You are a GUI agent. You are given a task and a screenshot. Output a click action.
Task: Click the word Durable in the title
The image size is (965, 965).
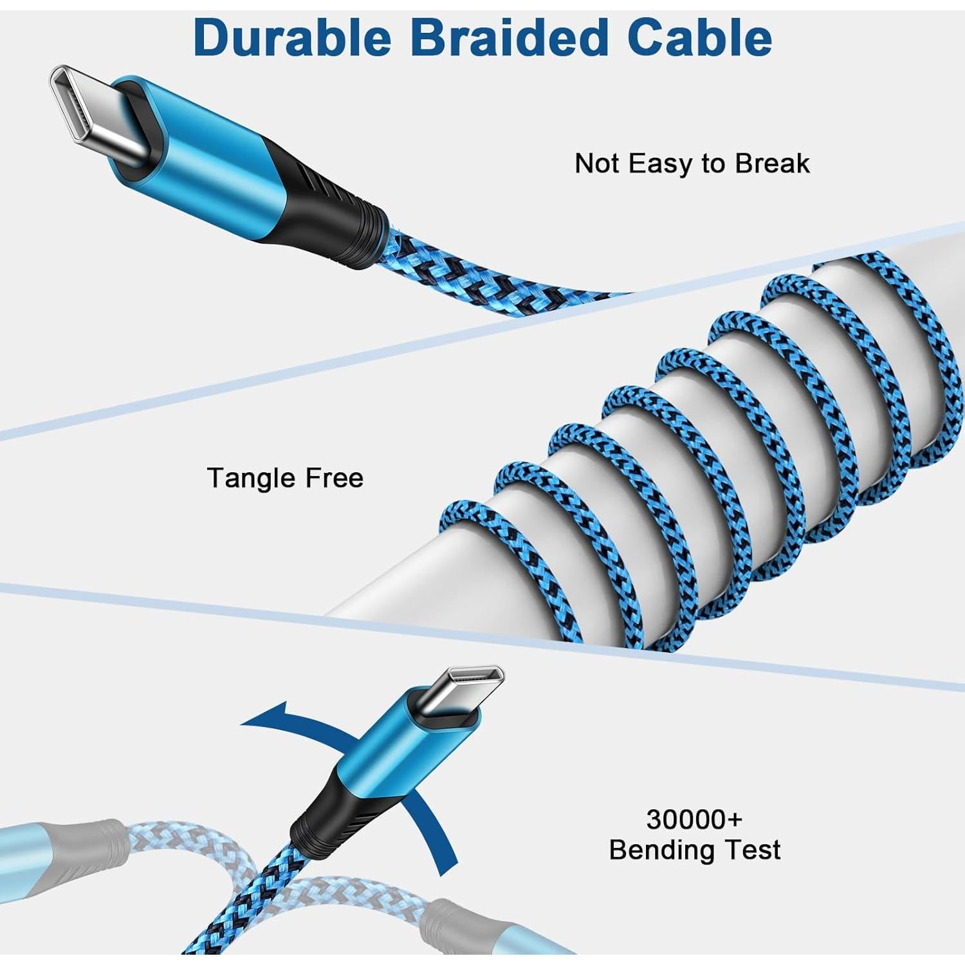[x=291, y=37]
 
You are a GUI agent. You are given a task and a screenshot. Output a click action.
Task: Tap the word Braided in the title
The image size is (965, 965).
[x=508, y=37]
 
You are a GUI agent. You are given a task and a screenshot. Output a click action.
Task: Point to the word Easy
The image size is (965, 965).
[x=661, y=163]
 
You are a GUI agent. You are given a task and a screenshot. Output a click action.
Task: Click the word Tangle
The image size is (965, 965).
[x=247, y=478]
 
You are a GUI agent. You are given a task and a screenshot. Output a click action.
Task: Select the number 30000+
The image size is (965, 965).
[x=694, y=820]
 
